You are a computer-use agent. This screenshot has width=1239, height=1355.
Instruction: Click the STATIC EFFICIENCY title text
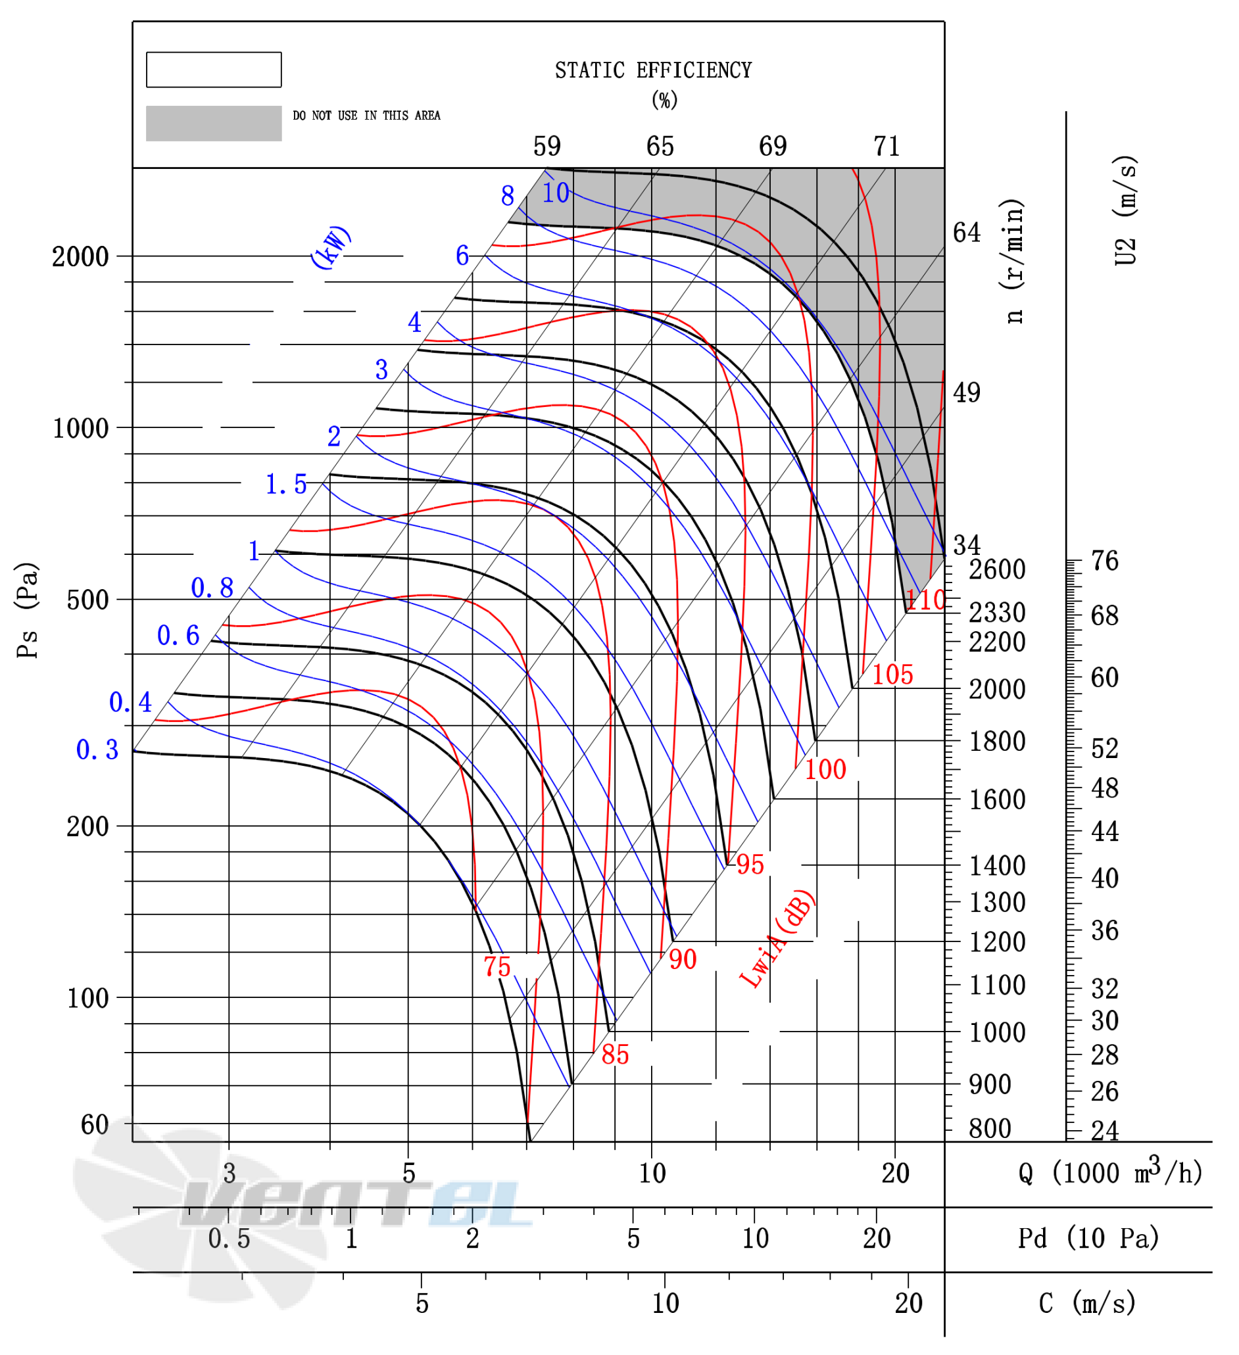coord(653,70)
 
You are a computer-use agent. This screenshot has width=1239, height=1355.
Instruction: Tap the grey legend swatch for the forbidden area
coord(214,123)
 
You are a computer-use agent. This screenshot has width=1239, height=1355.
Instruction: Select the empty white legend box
coord(214,70)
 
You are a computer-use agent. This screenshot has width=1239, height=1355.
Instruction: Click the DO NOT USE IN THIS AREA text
coord(366,116)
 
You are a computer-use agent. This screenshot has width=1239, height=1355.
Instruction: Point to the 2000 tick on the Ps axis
coord(80,257)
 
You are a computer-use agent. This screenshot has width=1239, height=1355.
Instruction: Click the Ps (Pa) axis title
coord(28,610)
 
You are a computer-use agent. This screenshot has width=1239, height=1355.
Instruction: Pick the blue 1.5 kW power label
coord(285,484)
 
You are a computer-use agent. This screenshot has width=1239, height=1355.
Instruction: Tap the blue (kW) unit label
coord(330,247)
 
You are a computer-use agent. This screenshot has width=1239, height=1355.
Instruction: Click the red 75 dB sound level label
coord(497,966)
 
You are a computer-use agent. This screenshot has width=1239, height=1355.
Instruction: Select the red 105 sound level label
coord(892,674)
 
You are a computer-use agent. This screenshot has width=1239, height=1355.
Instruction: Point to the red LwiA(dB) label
coord(777,939)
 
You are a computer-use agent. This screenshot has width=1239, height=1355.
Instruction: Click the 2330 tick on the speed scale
coord(997,612)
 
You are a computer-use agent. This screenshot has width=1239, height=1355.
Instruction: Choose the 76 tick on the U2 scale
coord(1105,561)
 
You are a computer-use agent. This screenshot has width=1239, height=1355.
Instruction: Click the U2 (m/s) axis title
coord(1125,211)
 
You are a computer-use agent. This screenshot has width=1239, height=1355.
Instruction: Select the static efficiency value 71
coord(886,146)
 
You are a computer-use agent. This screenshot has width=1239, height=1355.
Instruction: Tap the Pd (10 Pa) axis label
coord(1088,1238)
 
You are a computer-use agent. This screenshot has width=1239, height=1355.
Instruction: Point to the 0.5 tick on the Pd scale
coord(229,1239)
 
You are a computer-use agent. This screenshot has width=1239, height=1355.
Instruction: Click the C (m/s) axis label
coord(1087,1303)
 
